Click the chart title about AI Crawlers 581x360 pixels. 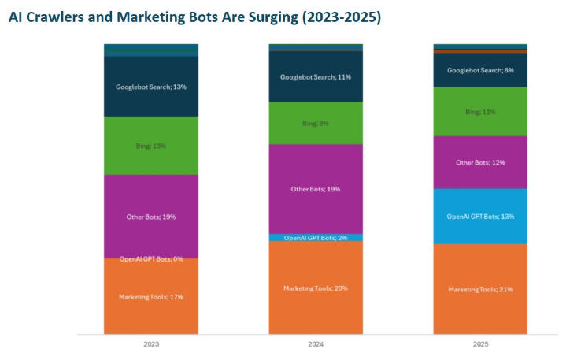pyautogui.click(x=194, y=17)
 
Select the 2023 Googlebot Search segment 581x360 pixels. pyautogui.click(x=151, y=87)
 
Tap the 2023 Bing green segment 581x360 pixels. pyautogui.click(x=151, y=146)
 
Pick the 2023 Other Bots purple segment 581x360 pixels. pyautogui.click(x=151, y=216)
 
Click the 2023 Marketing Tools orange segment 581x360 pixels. pyautogui.click(x=151, y=296)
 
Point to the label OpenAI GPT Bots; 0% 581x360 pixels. pyautogui.click(x=151, y=259)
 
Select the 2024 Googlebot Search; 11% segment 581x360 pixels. pyautogui.click(x=316, y=76)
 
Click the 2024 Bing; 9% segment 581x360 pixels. pyautogui.click(x=316, y=123)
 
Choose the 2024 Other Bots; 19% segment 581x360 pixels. pyautogui.click(x=316, y=189)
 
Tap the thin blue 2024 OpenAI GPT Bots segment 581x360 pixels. pyautogui.click(x=316, y=237)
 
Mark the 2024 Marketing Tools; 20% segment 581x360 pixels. pyautogui.click(x=316, y=288)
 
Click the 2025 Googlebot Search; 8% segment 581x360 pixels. pyautogui.click(x=480, y=70)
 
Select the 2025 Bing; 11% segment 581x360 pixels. pyautogui.click(x=480, y=112)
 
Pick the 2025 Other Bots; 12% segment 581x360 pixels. pyautogui.click(x=480, y=162)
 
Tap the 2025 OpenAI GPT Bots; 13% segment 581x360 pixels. pyautogui.click(x=480, y=217)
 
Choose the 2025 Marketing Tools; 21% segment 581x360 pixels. pyautogui.click(x=480, y=289)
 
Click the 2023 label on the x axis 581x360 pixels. pyautogui.click(x=151, y=344)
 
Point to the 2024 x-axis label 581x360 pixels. pyautogui.click(x=316, y=344)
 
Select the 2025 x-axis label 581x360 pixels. pyautogui.click(x=480, y=344)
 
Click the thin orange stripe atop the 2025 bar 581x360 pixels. pyautogui.click(x=480, y=51)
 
